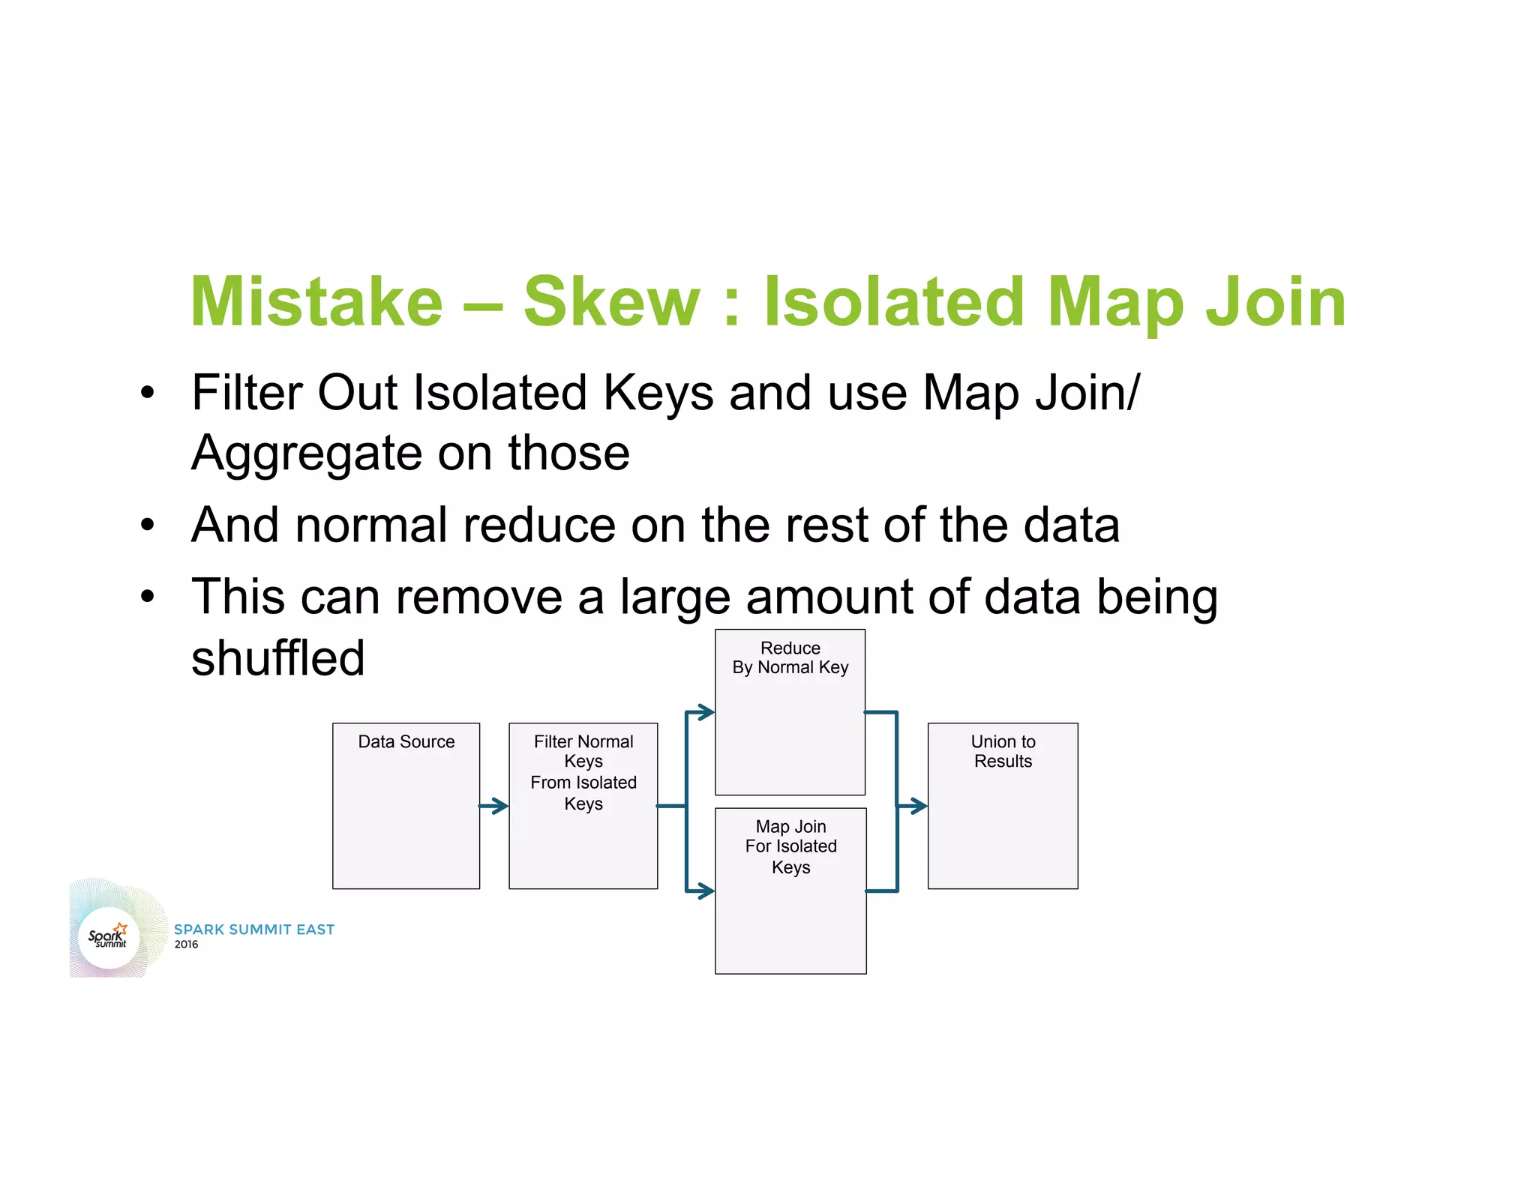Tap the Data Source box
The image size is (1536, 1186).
coord(406,806)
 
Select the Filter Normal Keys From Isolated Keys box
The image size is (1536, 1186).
coord(583,806)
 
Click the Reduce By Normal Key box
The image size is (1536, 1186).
coord(790,712)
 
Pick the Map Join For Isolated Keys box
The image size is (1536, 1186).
coord(790,891)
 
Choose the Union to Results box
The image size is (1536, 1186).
coord(1003,806)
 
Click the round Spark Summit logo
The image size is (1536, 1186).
coord(109,937)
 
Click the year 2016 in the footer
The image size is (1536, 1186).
coord(186,945)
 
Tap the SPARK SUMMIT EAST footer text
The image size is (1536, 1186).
coord(254,930)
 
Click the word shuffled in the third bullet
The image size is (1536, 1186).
coord(278,658)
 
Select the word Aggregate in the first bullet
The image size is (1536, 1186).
coord(307,454)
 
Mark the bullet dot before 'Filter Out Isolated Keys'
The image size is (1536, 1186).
coord(148,392)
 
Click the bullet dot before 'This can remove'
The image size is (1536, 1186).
coord(148,597)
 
